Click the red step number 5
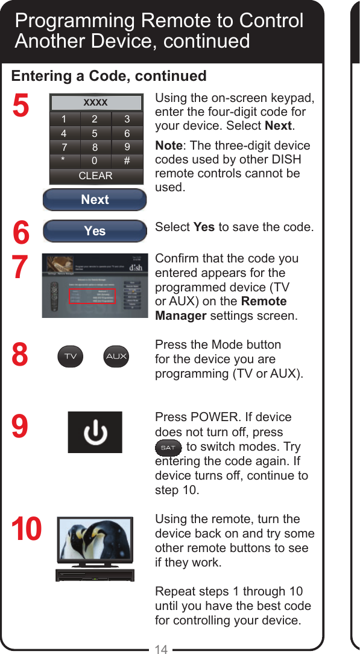pyautogui.click(x=21, y=106)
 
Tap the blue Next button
pyautogui.click(x=95, y=200)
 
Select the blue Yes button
pyautogui.click(x=95, y=231)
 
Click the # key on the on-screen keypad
pyautogui.click(x=127, y=161)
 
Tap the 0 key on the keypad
pyautogui.click(x=95, y=161)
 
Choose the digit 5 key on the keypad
pyautogui.click(x=95, y=133)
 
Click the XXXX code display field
pyautogui.click(x=95, y=103)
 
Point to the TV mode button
pyautogui.click(x=71, y=356)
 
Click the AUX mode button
pyautogui.click(x=116, y=356)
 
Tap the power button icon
pyautogui.click(x=95, y=432)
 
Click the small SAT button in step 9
pyautogui.click(x=168, y=448)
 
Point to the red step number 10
pyautogui.click(x=27, y=530)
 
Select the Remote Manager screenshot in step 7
pyautogui.click(x=95, y=286)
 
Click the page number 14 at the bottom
pyautogui.click(x=161, y=649)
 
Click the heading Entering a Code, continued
pyautogui.click(x=109, y=76)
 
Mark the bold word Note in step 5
pyautogui.click(x=168, y=146)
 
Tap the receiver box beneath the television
pyautogui.click(x=94, y=575)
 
